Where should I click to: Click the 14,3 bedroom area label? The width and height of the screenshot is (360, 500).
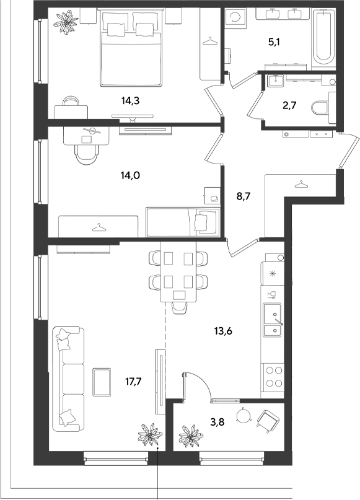pyautogui.click(x=131, y=101)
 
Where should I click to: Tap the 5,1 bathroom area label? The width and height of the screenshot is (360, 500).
pyautogui.click(x=274, y=42)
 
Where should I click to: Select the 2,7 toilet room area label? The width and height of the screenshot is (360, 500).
pyautogui.click(x=289, y=105)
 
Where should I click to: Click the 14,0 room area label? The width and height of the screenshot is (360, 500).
pyautogui.click(x=131, y=175)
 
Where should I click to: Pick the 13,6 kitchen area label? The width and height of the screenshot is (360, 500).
pyautogui.click(x=223, y=331)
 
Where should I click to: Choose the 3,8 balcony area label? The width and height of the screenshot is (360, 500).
pyautogui.click(x=217, y=422)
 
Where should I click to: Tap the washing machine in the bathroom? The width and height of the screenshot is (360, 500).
pyautogui.click(x=235, y=17)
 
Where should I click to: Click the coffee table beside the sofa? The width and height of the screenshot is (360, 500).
pyautogui.click(x=102, y=382)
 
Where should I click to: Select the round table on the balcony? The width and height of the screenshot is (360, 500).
pyautogui.click(x=244, y=415)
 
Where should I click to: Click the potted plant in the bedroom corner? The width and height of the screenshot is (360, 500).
pyautogui.click(x=66, y=23)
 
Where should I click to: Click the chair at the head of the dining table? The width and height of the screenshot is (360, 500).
pyautogui.click(x=178, y=308)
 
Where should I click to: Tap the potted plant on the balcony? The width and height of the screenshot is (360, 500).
pyautogui.click(x=191, y=436)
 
